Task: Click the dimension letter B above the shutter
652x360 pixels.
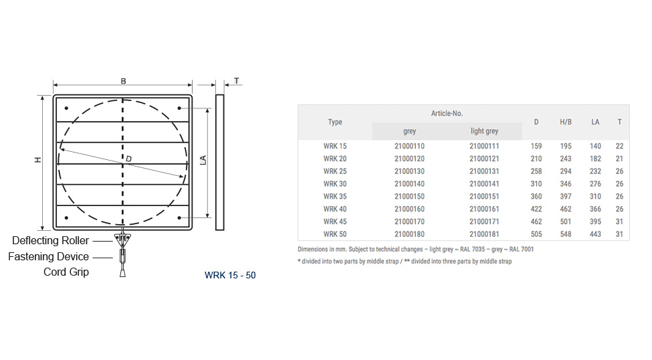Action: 123,81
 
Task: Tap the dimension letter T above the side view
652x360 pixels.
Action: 237,81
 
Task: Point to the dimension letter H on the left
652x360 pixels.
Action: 38,159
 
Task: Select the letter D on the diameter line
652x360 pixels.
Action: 129,159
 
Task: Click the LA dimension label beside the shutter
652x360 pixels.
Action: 203,160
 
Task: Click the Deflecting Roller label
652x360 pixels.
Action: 50,240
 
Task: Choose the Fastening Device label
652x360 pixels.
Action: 48,256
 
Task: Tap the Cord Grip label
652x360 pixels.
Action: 66,272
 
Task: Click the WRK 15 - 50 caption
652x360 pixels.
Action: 230,275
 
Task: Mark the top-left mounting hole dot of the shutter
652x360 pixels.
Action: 66,108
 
